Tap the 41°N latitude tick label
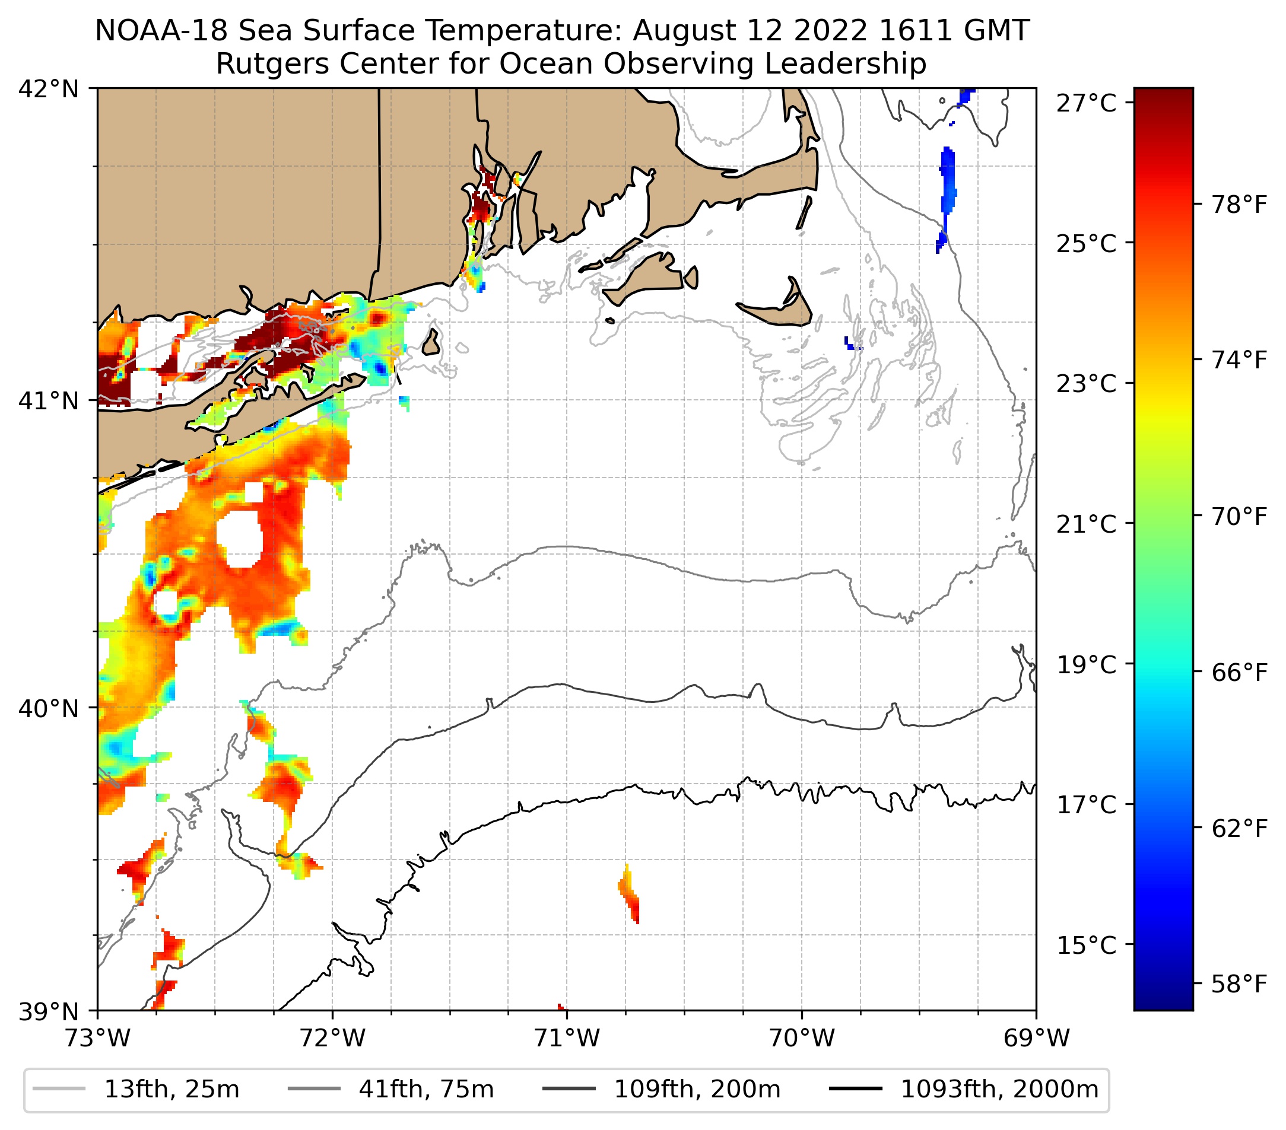tap(49, 400)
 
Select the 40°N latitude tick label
tap(49, 709)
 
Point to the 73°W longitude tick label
tap(97, 1038)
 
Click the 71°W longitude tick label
tap(567, 1038)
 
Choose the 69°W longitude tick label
tap(1036, 1038)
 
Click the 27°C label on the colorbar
tap(1087, 103)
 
